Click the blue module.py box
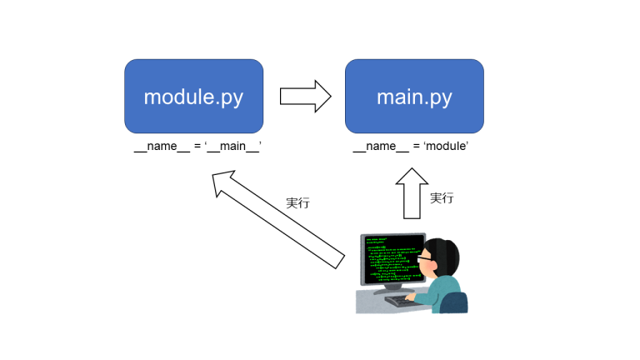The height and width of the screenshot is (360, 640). coord(193,97)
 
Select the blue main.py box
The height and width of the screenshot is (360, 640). coord(414,97)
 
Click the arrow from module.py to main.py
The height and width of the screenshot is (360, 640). coord(305,96)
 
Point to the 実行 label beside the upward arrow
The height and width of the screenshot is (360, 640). coord(442,198)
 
